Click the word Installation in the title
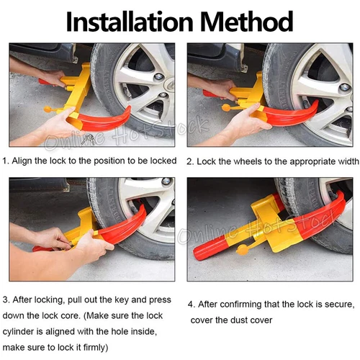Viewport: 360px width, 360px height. tap(130, 22)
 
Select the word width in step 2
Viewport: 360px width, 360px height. tap(348, 161)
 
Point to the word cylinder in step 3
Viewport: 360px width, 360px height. tap(18, 332)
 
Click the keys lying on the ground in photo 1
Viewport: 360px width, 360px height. tap(88, 139)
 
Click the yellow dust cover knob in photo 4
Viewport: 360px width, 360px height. tap(242, 250)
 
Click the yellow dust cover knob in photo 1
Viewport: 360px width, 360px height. tap(49, 109)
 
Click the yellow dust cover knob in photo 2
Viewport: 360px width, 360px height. tap(227, 108)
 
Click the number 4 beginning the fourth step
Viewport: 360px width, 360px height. tap(191, 305)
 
